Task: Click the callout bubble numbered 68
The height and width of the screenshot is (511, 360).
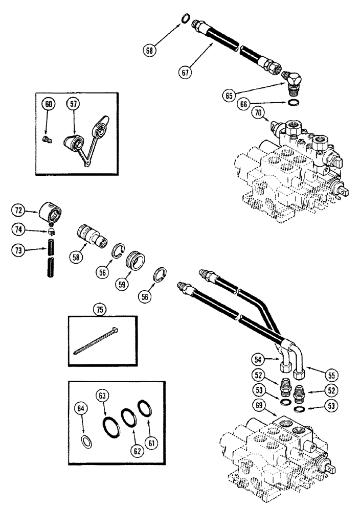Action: click(150, 50)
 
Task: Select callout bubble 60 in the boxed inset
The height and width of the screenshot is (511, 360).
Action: click(48, 104)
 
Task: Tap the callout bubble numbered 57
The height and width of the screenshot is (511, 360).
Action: click(74, 104)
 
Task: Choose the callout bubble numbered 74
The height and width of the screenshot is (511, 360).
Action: click(19, 231)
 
